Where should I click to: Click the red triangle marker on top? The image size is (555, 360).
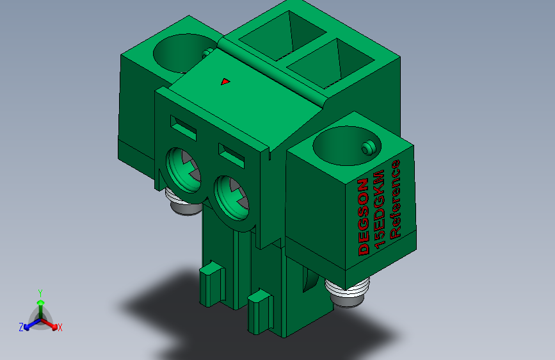pyautogui.click(x=225, y=82)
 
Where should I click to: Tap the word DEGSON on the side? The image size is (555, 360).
pyautogui.click(x=364, y=217)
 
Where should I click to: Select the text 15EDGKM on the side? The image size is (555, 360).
pyautogui.click(x=379, y=209)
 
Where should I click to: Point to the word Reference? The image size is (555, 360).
pyautogui.click(x=395, y=199)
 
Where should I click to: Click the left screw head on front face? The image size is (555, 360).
pyautogui.click(x=184, y=170)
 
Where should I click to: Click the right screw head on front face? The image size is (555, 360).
pyautogui.click(x=232, y=198)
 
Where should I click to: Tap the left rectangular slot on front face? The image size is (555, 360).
pyautogui.click(x=183, y=127)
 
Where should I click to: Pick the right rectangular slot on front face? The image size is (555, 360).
pyautogui.click(x=232, y=155)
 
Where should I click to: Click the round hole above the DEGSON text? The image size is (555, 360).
pyautogui.click(x=346, y=145)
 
